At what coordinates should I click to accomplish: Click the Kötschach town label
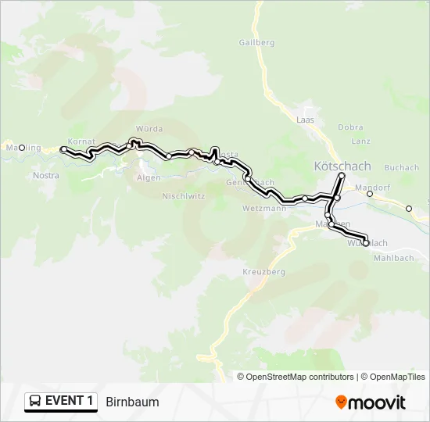(342, 166)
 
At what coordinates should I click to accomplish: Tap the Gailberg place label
(256, 43)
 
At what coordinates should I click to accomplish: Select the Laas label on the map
(305, 120)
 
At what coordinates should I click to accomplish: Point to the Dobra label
(350, 127)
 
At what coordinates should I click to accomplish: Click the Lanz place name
(360, 141)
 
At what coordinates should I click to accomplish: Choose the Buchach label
(402, 167)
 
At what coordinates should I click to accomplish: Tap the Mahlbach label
(396, 257)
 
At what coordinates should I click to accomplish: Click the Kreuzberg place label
(264, 271)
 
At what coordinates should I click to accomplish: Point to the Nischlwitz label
(183, 197)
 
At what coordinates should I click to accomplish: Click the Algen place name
(149, 178)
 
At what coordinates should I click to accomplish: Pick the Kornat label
(81, 141)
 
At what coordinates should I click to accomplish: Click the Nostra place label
(46, 176)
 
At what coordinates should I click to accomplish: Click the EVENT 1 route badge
(61, 401)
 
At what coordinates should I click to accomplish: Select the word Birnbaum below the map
(132, 402)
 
